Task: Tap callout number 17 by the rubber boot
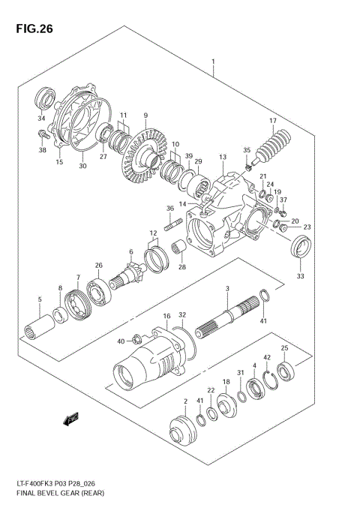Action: [x=272, y=121]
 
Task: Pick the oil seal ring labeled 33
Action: [x=300, y=246]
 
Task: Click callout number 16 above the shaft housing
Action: [x=166, y=317]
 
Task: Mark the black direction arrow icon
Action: [x=71, y=419]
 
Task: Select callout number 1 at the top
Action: [x=213, y=62]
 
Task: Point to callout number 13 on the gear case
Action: [x=223, y=157]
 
